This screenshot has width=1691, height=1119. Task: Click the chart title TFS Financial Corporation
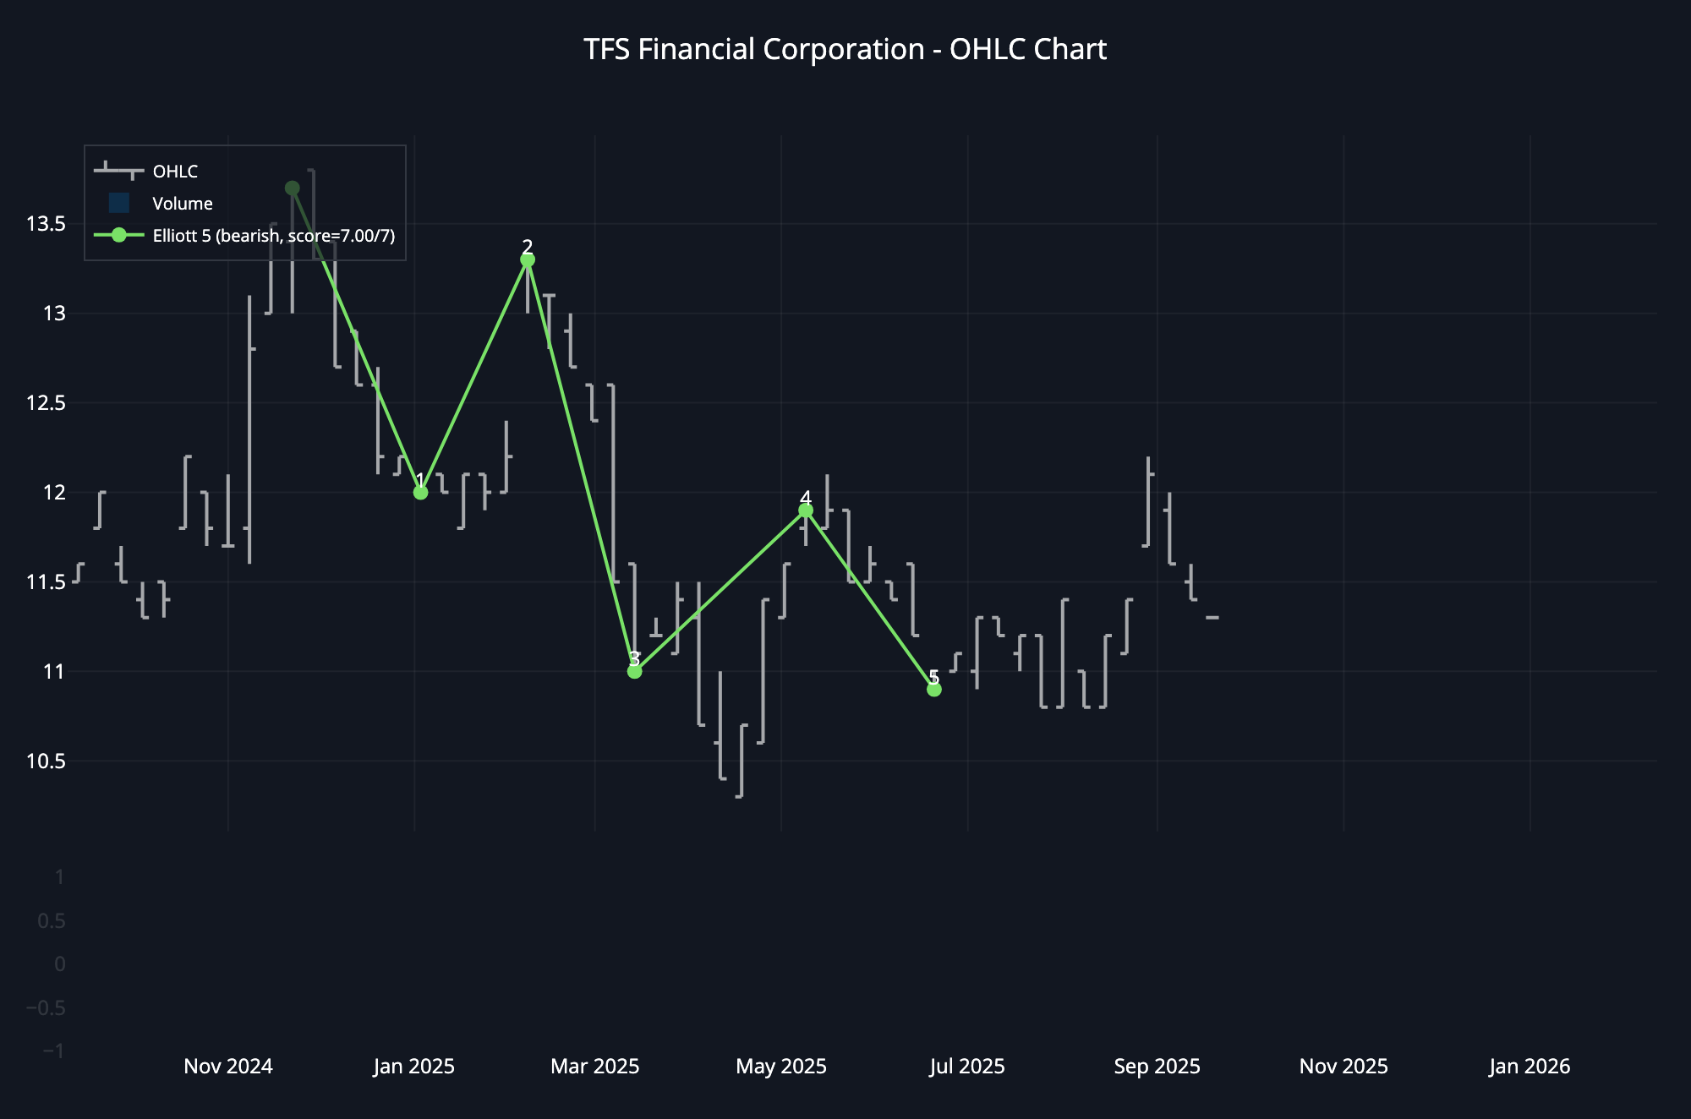pyautogui.click(x=844, y=50)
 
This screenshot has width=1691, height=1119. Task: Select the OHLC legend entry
pyautogui.click(x=174, y=172)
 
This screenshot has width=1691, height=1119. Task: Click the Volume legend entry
pyautogui.click(x=182, y=204)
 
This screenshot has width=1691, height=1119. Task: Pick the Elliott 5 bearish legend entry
pyautogui.click(x=272, y=236)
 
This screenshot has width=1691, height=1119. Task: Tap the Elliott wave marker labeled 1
pyautogui.click(x=420, y=492)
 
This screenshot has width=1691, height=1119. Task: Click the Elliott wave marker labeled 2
pyautogui.click(x=528, y=259)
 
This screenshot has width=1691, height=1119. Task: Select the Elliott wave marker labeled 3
pyautogui.click(x=635, y=671)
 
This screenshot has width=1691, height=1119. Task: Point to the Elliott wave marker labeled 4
pyautogui.click(x=806, y=510)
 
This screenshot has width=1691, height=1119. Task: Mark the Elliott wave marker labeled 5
pyautogui.click(x=934, y=690)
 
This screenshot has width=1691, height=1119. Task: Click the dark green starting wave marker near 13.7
pyautogui.click(x=293, y=188)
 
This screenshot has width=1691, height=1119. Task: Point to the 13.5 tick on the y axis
pyautogui.click(x=46, y=224)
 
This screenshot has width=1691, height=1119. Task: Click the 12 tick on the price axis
pyautogui.click(x=54, y=493)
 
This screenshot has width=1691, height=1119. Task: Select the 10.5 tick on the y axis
pyautogui.click(x=46, y=761)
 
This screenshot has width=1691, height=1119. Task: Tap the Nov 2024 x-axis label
pyautogui.click(x=228, y=1067)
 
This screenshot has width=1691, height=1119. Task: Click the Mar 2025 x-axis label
pyautogui.click(x=595, y=1067)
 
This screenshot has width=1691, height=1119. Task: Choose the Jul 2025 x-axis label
pyautogui.click(x=967, y=1067)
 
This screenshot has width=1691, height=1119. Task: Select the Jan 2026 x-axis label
pyautogui.click(x=1530, y=1067)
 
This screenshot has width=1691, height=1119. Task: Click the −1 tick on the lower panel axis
pyautogui.click(x=52, y=1051)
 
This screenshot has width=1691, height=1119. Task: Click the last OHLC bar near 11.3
pyautogui.click(x=1212, y=618)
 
